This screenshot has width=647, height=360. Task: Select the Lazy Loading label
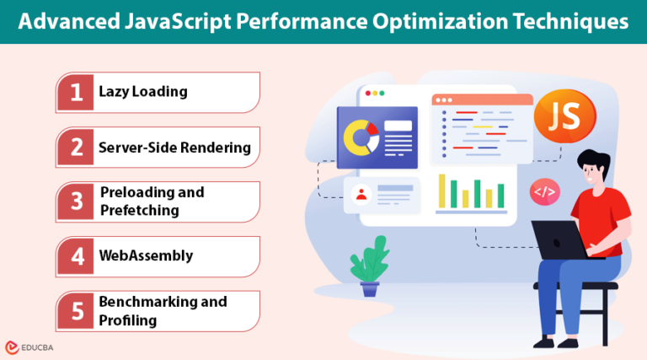click(x=142, y=91)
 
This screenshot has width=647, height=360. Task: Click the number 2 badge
click(x=76, y=148)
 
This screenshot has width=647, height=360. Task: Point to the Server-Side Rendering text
click(x=174, y=147)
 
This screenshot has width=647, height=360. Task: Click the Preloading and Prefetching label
click(x=152, y=201)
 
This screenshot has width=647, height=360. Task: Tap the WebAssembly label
click(x=146, y=255)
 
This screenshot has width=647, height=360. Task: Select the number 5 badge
click(x=76, y=311)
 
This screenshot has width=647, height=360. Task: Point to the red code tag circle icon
click(x=544, y=191)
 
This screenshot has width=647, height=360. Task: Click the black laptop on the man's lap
click(x=561, y=239)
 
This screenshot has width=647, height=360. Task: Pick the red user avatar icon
click(x=361, y=195)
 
